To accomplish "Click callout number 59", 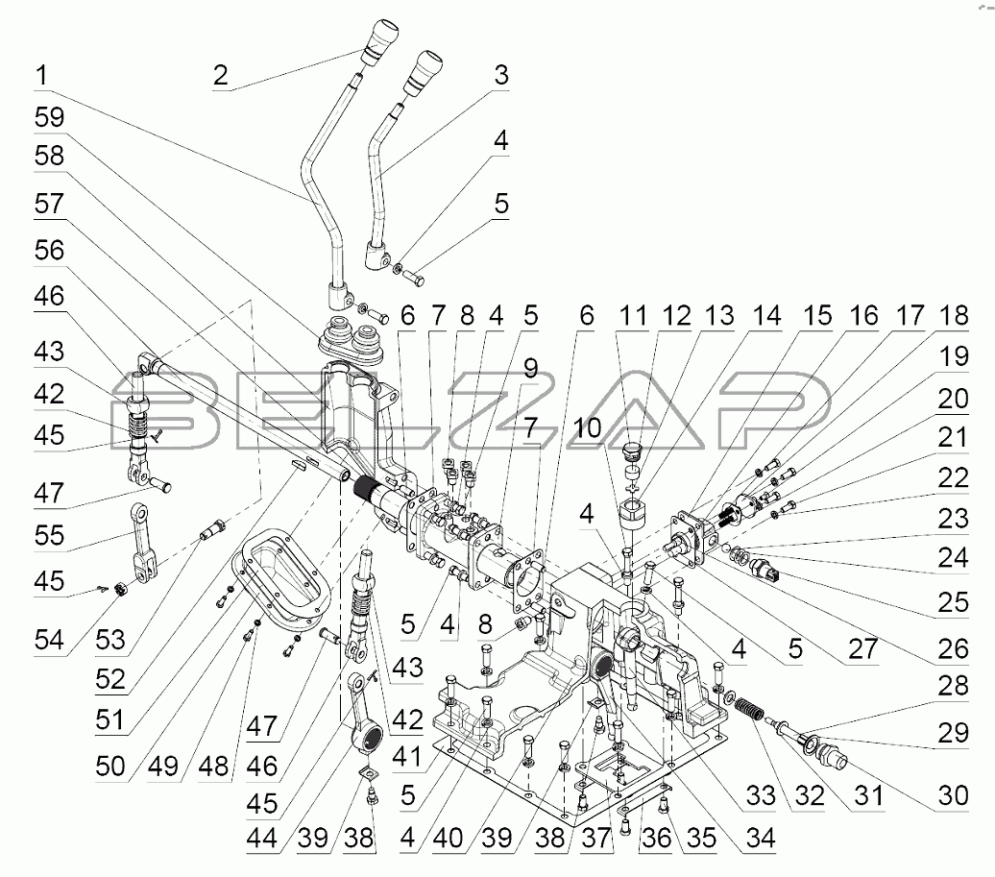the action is [50, 118].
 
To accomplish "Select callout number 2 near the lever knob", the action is [221, 76].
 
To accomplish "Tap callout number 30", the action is [953, 795].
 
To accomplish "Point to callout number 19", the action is [953, 356].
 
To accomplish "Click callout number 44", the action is [262, 839].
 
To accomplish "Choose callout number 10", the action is [587, 427].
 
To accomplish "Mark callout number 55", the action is [50, 535].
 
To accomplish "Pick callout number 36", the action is [656, 839].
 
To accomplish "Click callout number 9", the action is [530, 369].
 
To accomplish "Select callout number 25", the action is [953, 602].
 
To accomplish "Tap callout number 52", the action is [110, 680].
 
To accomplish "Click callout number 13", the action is [719, 316].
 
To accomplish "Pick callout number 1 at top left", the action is [42, 76].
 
